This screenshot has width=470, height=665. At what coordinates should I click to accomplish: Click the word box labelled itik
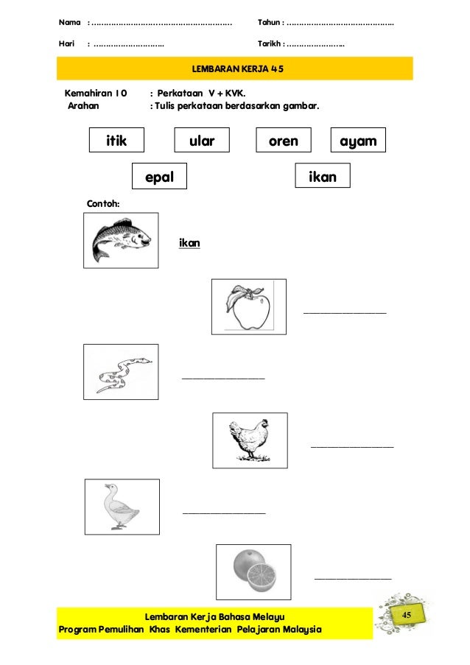pos(116,140)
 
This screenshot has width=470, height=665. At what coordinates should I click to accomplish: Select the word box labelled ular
pos(201,140)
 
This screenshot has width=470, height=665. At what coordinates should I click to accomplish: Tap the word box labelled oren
pos(283,140)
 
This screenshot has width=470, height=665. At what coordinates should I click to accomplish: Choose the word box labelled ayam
pos(359,140)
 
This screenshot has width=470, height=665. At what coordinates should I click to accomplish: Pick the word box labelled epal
pos(158,176)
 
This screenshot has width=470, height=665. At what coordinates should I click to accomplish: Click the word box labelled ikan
pos(322,176)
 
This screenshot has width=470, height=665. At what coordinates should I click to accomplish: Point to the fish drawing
pos(121,241)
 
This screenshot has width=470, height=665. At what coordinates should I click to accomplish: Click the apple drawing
pos(248,306)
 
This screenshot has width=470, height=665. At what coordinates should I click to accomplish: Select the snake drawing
pos(120,372)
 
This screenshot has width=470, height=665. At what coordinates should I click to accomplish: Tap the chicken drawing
pos(250,440)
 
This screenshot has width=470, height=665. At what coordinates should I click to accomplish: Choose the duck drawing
pos(121,506)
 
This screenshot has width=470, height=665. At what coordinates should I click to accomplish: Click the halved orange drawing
pos(253,571)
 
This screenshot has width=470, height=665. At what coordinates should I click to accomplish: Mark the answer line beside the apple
pos(345,313)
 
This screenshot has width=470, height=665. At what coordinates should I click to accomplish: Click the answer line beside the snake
pos(223,379)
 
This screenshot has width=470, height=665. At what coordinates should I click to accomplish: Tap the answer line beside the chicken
pos(352,446)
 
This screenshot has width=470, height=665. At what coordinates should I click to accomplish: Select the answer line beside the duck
pos(223,512)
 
